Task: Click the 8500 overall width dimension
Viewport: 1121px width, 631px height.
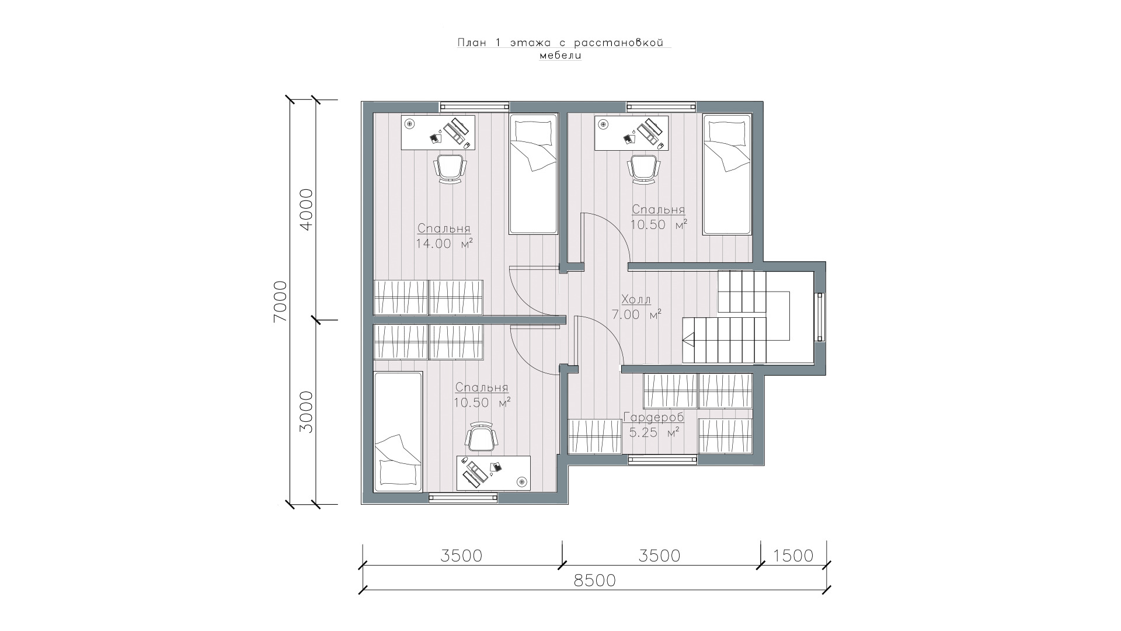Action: pyautogui.click(x=596, y=581)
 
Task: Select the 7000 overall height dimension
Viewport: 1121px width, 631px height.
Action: pyautogui.click(x=280, y=301)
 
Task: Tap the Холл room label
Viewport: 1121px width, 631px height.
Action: pyautogui.click(x=636, y=300)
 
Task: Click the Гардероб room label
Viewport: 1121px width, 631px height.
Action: pyautogui.click(x=653, y=418)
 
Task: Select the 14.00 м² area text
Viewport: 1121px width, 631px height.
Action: pyautogui.click(x=444, y=244)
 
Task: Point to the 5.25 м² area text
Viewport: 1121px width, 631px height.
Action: pyautogui.click(x=654, y=433)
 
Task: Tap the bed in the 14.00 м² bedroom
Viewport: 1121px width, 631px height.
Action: pyautogui.click(x=533, y=175)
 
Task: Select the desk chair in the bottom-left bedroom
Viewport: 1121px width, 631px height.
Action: pyautogui.click(x=482, y=436)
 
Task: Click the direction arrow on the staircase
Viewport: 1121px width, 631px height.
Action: pyautogui.click(x=688, y=339)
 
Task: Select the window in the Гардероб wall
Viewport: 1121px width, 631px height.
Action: pyautogui.click(x=663, y=460)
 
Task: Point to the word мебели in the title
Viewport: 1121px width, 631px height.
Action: pyautogui.click(x=560, y=56)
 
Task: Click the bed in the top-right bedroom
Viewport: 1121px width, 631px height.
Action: pyautogui.click(x=727, y=175)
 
